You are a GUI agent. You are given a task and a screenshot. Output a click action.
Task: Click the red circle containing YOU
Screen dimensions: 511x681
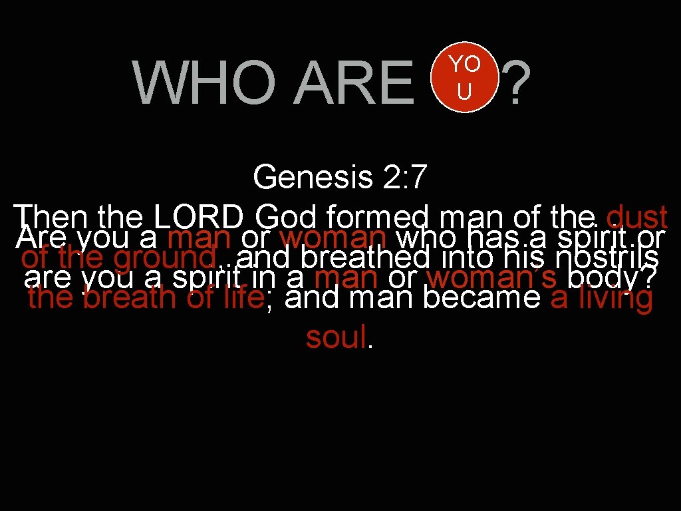pyautogui.click(x=464, y=79)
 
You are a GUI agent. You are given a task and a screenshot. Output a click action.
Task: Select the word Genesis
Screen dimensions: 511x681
pyautogui.click(x=313, y=178)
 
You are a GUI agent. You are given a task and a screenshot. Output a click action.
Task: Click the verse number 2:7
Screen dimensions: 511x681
pyautogui.click(x=404, y=178)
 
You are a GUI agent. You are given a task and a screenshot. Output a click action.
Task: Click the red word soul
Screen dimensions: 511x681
pyautogui.click(x=336, y=338)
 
